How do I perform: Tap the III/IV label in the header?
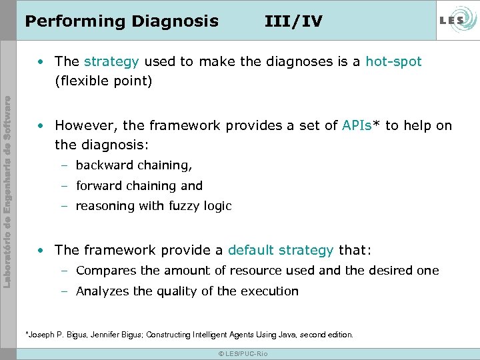(x=293, y=21)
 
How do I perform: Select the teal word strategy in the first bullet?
(x=111, y=62)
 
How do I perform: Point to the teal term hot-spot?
(x=393, y=62)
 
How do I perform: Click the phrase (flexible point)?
(x=103, y=81)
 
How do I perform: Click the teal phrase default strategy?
(x=280, y=250)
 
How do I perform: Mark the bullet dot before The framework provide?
(x=42, y=251)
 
